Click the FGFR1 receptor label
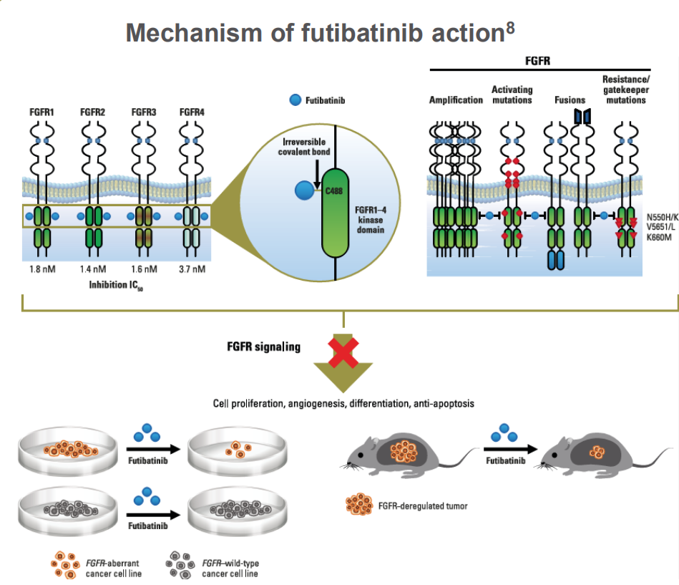[x=41, y=112]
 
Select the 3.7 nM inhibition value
[x=192, y=269]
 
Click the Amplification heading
[x=456, y=100]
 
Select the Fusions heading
[x=569, y=100]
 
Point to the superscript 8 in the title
[x=509, y=26]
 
